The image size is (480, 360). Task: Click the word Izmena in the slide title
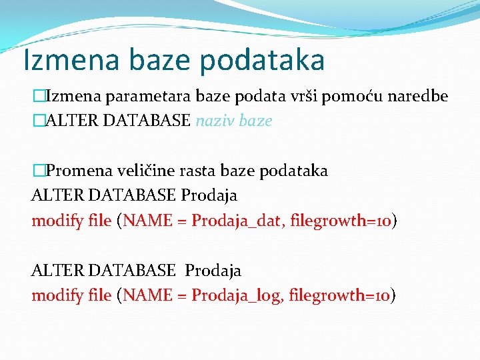pyautogui.click(x=63, y=59)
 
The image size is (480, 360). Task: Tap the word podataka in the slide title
pyautogui.click(x=262, y=61)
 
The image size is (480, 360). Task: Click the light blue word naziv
pyautogui.click(x=215, y=121)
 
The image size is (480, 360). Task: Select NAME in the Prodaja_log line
pyautogui.click(x=141, y=295)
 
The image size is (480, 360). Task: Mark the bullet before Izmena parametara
pyautogui.click(x=37, y=97)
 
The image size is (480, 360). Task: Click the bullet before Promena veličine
pyautogui.click(x=37, y=171)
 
